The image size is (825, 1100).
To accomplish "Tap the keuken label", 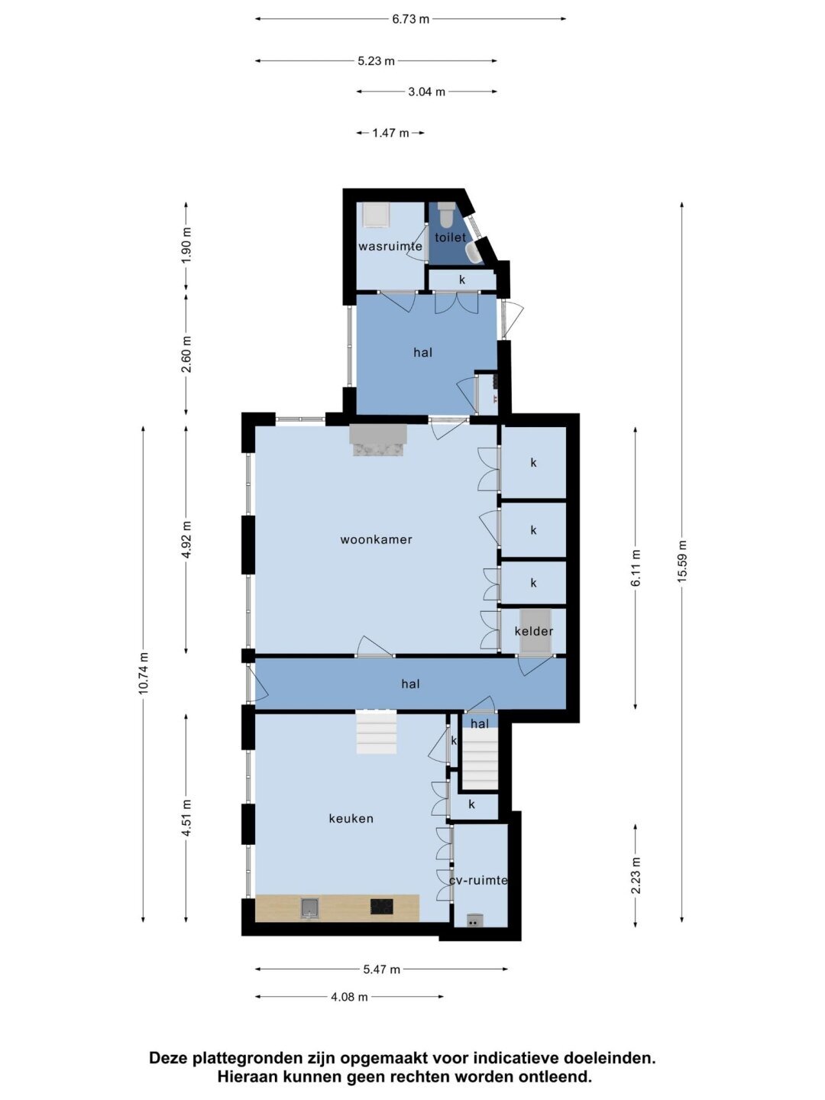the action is (351, 819).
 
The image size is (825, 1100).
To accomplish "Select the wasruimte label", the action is (390, 247).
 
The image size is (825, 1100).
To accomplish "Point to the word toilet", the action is (451, 238).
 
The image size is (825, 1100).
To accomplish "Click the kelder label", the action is (534, 632).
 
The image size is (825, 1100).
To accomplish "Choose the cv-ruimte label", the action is (478, 881).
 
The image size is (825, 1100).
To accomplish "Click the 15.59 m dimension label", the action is (681, 561).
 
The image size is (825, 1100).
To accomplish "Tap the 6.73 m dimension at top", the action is (411, 20).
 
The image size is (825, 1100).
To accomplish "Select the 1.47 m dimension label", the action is (390, 134).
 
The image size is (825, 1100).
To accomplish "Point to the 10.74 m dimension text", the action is (144, 673).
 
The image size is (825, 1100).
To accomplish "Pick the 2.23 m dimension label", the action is (636, 875).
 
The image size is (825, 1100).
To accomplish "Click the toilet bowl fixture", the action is (445, 214).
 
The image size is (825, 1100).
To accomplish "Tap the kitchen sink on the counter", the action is (310, 908).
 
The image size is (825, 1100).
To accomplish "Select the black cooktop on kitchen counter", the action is (382, 907).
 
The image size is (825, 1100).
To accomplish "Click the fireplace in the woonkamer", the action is (378, 440).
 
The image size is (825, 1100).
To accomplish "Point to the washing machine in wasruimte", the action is (374, 215).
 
